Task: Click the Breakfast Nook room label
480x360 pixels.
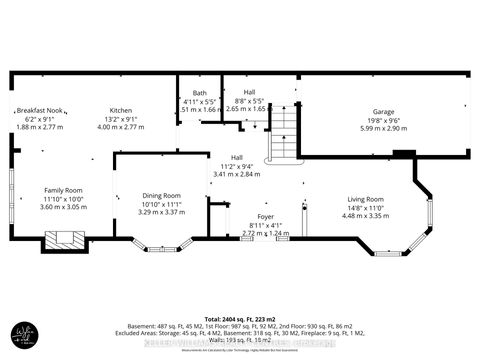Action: (x=41, y=109)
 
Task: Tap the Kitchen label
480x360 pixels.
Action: (x=121, y=109)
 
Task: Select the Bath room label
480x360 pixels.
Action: (x=200, y=93)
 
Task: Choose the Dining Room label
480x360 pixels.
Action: (x=160, y=195)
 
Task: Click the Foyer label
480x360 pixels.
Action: (x=237, y=215)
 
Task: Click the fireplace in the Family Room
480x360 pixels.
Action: (x=64, y=240)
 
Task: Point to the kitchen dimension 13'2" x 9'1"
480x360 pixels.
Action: (x=121, y=119)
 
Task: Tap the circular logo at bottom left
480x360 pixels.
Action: (x=26, y=333)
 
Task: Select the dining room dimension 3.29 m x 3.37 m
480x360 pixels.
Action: (x=160, y=212)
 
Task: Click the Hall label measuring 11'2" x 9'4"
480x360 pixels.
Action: (x=237, y=156)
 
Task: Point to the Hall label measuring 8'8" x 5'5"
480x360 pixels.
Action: (x=245, y=92)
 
